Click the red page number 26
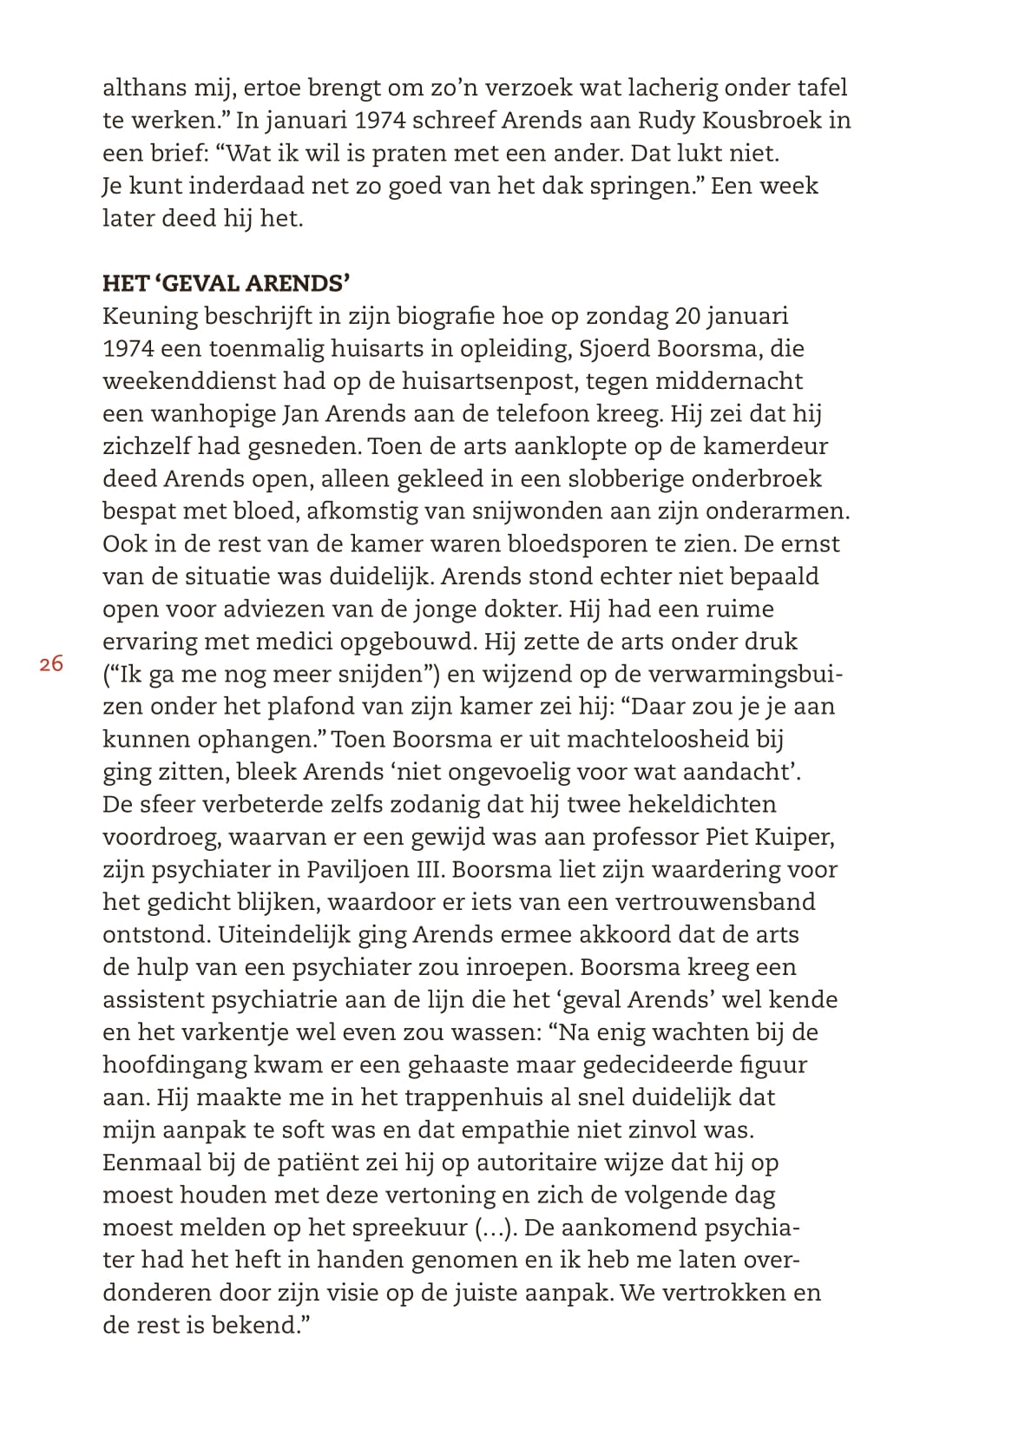pos(51,664)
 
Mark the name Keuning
pos(149,316)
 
